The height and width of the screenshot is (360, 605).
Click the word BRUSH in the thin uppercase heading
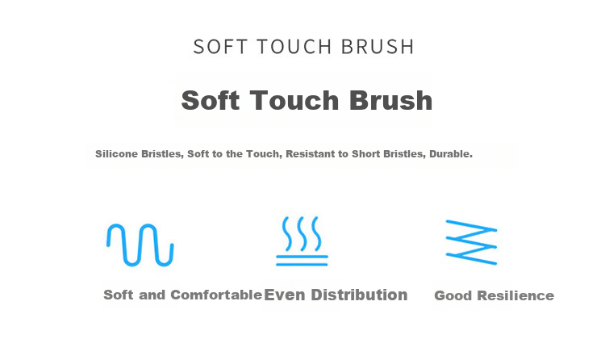pos(378,47)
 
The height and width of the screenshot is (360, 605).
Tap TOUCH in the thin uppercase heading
pos(294,47)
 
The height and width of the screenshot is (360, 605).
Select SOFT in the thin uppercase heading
pos(220,47)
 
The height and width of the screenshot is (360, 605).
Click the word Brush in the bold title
pos(390,100)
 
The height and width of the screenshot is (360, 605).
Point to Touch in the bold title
pos(294,100)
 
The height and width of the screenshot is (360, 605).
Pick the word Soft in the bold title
pos(211,100)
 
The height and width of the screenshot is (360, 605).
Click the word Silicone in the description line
pos(116,153)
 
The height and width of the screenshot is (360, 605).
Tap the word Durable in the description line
pos(451,153)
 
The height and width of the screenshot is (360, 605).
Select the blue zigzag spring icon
pos(471,243)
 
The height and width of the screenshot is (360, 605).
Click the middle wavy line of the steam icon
pos(302,234)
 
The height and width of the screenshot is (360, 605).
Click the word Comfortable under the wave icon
pos(216,295)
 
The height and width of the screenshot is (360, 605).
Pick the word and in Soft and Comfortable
pos(152,295)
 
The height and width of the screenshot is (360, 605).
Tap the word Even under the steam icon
pos(285,295)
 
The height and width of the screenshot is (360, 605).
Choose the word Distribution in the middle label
pos(359,295)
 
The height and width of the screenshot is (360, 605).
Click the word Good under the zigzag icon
pos(453,296)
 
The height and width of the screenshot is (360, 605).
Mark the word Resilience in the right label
pos(515,296)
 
